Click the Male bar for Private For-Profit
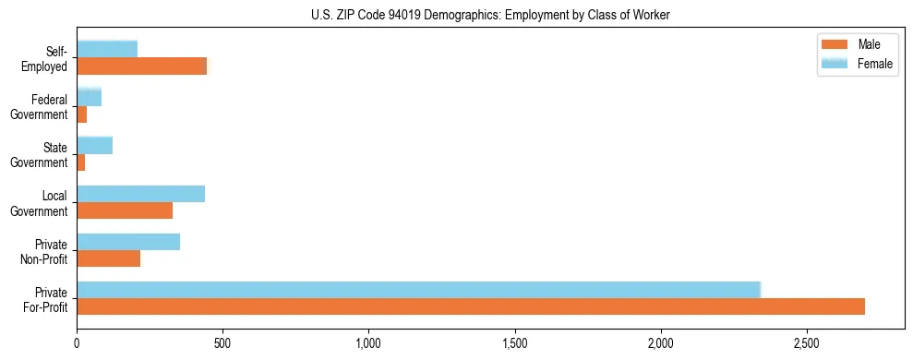471,306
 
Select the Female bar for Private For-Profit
418,289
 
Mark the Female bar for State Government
94,145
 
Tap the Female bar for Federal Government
89,97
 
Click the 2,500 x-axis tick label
807,343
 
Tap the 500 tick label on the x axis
222,343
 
